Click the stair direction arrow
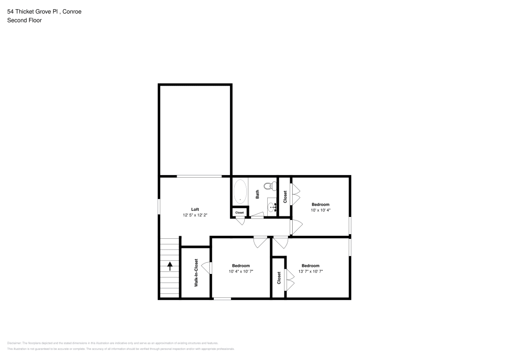point(169,265)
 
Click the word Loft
point(195,209)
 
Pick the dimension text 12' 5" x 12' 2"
point(195,215)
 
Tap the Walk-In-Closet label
point(196,273)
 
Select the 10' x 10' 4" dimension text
point(321,210)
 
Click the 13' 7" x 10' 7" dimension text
point(310,271)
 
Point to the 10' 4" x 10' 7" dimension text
point(241,271)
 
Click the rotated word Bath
point(258,194)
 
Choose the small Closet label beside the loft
point(239,212)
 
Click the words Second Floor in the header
point(24,20)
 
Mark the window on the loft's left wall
point(159,206)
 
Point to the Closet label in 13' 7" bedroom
point(279,278)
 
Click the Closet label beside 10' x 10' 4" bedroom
point(285,197)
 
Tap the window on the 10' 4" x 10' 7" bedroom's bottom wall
point(222,299)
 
